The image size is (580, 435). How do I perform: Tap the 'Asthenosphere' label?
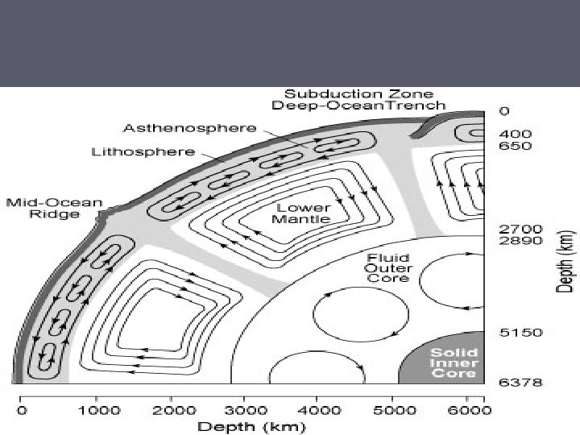(190, 128)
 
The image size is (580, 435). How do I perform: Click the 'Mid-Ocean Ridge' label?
(43, 208)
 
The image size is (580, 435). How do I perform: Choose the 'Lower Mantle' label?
(300, 213)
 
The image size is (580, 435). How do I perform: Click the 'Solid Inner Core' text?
(454, 363)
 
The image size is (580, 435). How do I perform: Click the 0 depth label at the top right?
(504, 110)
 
